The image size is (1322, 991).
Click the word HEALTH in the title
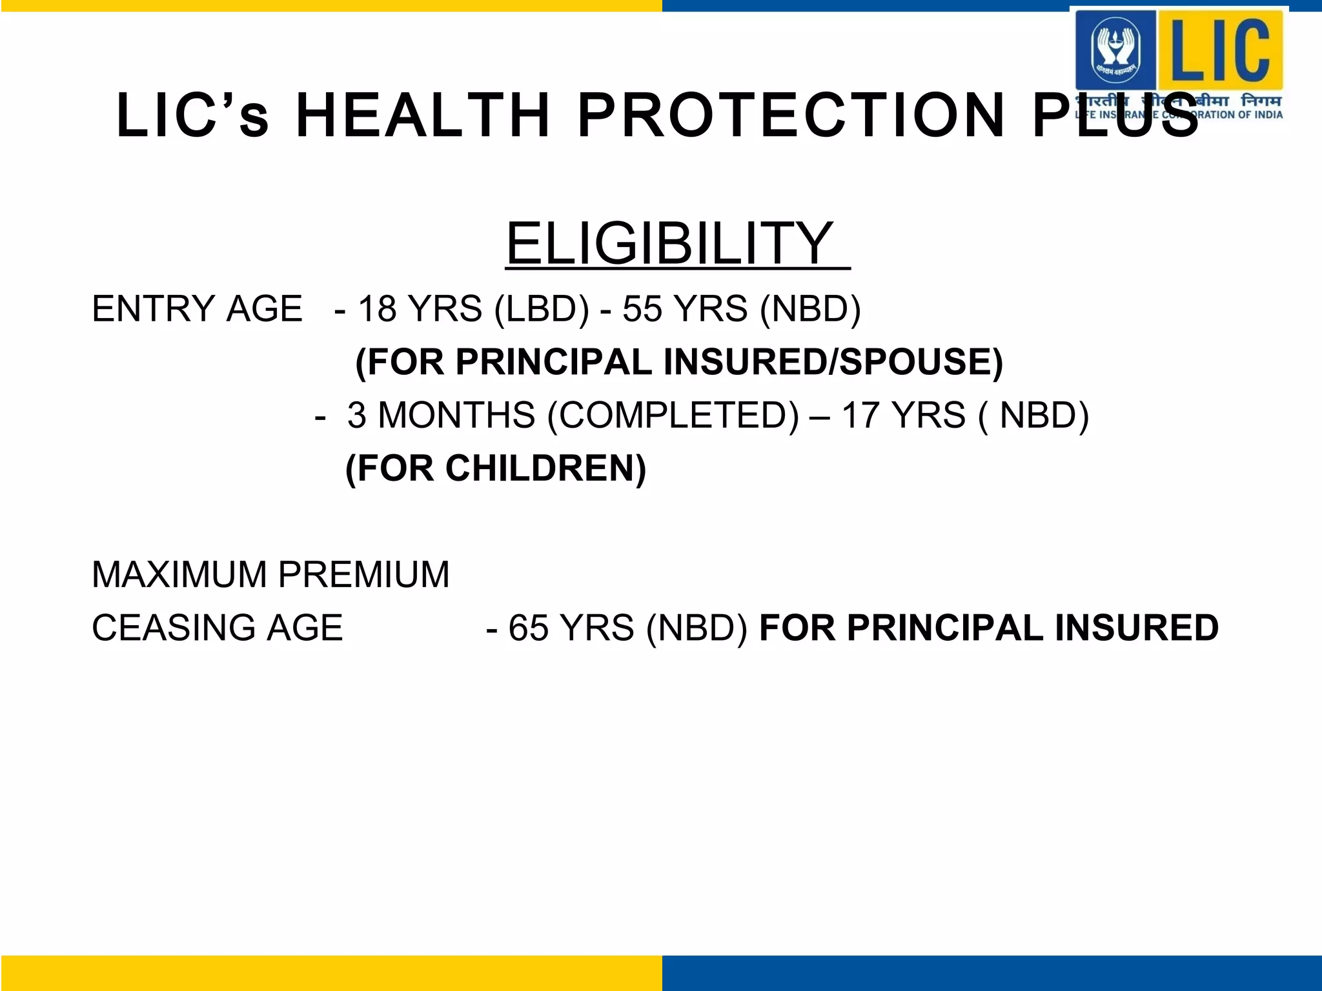(422, 116)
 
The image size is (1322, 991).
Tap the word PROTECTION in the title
(791, 116)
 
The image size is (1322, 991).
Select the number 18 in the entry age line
(377, 308)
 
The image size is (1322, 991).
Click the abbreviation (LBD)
(542, 308)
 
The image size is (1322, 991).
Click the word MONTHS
(456, 415)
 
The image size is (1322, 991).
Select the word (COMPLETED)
(673, 415)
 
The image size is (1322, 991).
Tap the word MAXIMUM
(179, 574)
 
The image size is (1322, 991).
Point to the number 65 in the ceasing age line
(528, 628)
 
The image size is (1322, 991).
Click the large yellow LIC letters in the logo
(1219, 49)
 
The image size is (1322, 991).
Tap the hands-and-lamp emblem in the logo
(1115, 49)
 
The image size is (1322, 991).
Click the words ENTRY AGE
(197, 308)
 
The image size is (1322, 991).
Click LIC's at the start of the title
(192, 116)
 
